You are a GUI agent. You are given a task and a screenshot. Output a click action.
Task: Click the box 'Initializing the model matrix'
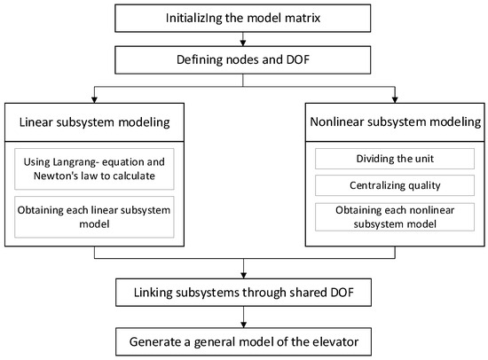(x=243, y=19)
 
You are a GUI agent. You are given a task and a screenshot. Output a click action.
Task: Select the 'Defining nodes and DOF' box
(x=243, y=61)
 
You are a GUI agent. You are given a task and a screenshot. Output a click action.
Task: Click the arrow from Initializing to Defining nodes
(x=243, y=40)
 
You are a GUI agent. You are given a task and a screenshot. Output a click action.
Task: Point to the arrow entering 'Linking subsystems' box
(x=243, y=272)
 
